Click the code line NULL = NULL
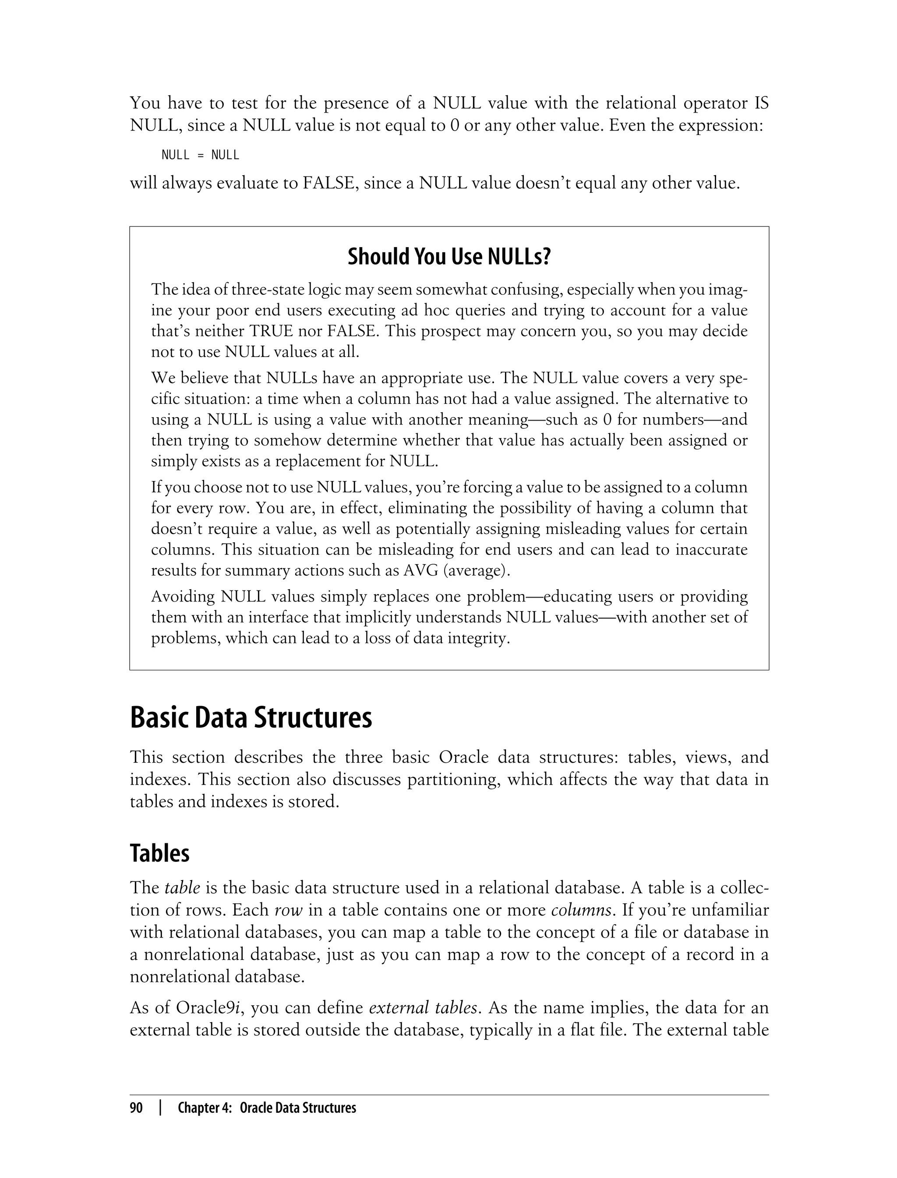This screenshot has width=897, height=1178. tap(200, 156)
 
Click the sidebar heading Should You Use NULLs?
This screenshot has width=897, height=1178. tap(448, 257)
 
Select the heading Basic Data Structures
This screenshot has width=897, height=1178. tap(251, 718)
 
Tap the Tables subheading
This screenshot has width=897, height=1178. tap(159, 853)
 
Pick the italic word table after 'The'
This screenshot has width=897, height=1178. tap(181, 888)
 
